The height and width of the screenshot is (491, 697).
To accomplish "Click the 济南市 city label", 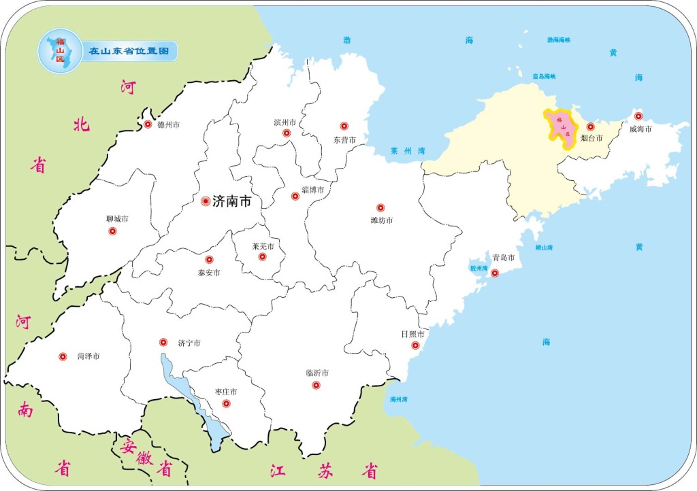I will [x=232, y=201].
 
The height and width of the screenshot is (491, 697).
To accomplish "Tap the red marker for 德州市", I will [x=148, y=124].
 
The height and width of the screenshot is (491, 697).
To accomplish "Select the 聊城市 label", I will [x=117, y=219].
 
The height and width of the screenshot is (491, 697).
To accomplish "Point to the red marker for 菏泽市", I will [x=63, y=356].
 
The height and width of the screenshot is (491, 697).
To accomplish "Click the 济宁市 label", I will [x=189, y=343].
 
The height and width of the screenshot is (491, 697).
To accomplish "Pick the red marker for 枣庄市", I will [x=227, y=404].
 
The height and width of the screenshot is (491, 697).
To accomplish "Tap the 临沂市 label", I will [x=317, y=373].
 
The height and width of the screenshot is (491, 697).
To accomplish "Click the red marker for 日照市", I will [x=415, y=345].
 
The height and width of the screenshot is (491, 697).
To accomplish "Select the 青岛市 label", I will [x=503, y=258].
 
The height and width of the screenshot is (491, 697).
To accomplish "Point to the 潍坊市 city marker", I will [x=380, y=207].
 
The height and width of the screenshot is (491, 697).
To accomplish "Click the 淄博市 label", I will [x=312, y=190].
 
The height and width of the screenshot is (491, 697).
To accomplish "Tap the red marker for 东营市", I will [x=344, y=126].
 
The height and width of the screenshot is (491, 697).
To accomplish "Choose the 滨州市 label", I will [x=285, y=122].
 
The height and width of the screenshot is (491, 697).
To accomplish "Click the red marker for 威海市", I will [x=638, y=116].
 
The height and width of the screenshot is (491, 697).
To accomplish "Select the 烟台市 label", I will [x=591, y=138].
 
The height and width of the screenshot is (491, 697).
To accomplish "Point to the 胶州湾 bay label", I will [x=479, y=269].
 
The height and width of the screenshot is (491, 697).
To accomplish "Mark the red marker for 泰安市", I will [x=209, y=260].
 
